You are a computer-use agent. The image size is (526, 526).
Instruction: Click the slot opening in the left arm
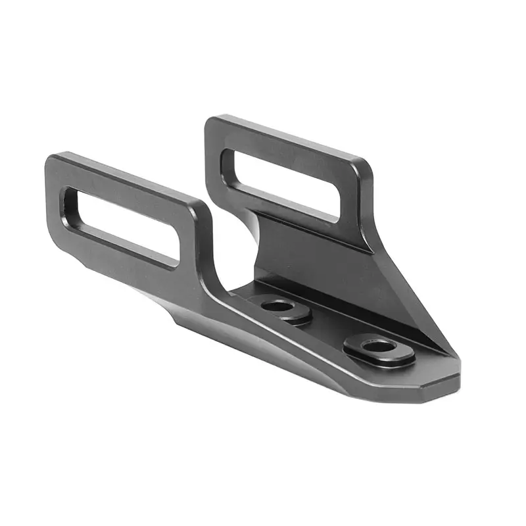pos(122,224)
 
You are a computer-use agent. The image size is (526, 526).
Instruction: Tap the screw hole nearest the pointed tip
pos(376,346)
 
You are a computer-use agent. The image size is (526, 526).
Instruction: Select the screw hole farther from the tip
pos(279,306)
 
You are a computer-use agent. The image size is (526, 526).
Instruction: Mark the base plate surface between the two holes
pos(329,329)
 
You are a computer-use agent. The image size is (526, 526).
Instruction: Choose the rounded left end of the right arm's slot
pos(227,161)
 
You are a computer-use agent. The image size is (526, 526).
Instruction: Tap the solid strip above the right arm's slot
pos(289,148)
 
